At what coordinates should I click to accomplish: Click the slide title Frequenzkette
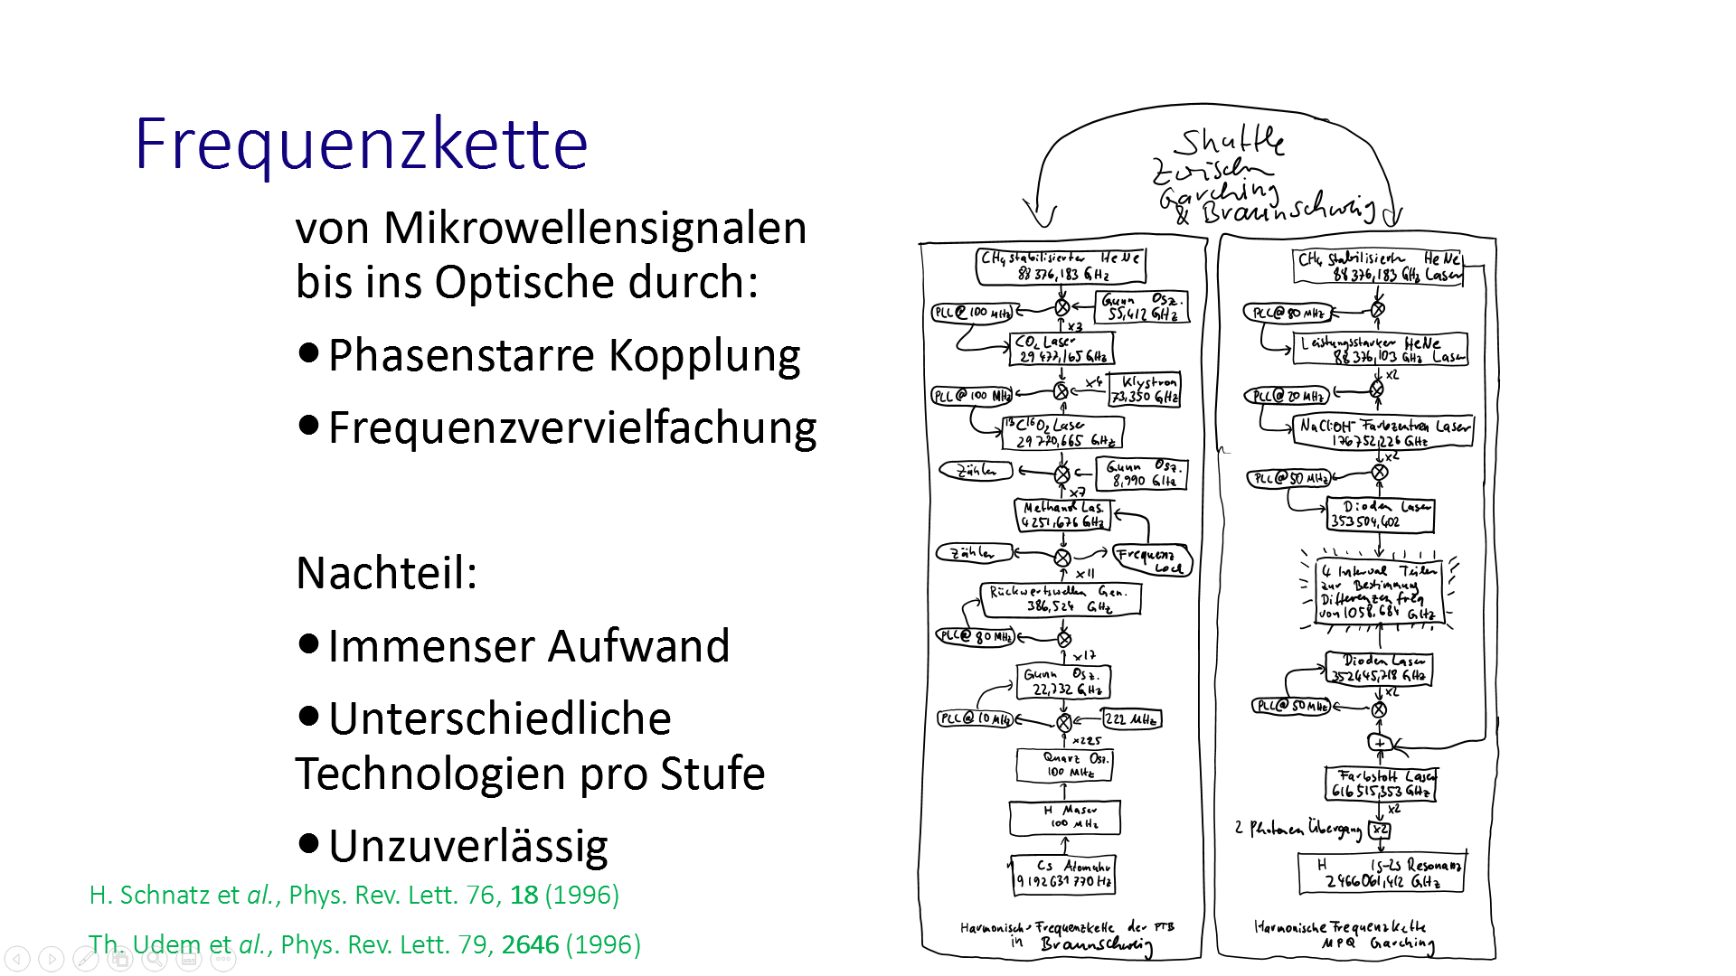click(x=361, y=145)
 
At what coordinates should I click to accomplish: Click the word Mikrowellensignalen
click(x=594, y=228)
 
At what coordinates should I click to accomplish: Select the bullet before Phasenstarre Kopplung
click(x=308, y=352)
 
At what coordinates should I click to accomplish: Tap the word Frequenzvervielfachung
click(x=572, y=427)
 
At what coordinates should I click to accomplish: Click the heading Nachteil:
click(x=386, y=573)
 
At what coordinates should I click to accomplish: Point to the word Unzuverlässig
click(x=467, y=847)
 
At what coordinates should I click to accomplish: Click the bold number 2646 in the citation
click(x=530, y=944)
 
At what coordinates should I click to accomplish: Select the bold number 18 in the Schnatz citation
click(x=524, y=895)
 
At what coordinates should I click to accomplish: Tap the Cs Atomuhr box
click(x=1063, y=874)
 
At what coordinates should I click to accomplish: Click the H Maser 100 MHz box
click(x=1065, y=818)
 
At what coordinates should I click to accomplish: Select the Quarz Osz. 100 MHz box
click(x=1064, y=765)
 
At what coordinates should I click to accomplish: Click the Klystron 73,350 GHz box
click(x=1145, y=389)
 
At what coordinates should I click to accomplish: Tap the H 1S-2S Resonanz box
click(x=1381, y=873)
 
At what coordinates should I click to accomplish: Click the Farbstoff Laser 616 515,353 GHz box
click(x=1381, y=784)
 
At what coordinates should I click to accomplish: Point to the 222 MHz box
click(x=1130, y=719)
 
